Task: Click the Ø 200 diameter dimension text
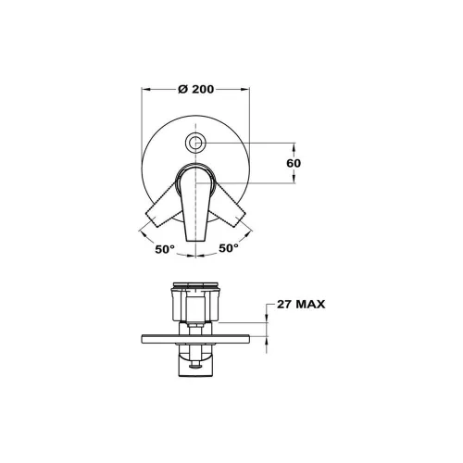(x=196, y=89)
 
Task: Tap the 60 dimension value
(x=294, y=163)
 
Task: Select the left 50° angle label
(x=165, y=249)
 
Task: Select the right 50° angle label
(x=229, y=247)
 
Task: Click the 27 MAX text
(x=301, y=305)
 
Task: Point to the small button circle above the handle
(x=195, y=143)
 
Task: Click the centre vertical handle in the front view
(x=195, y=204)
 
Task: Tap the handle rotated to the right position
(x=229, y=206)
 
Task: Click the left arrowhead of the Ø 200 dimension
(x=145, y=89)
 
